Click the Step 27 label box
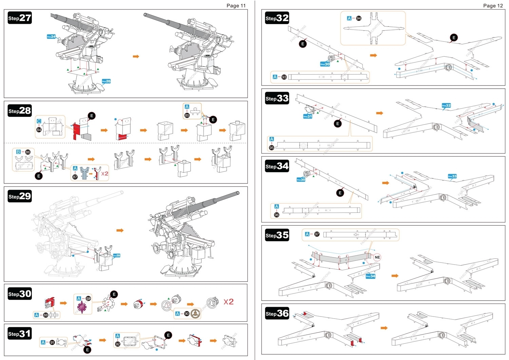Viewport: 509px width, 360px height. coord(20,18)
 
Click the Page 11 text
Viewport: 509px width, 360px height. coord(236,5)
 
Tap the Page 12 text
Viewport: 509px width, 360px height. coord(493,5)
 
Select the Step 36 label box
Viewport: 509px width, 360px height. coord(277,313)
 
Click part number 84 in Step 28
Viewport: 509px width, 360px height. coord(39,130)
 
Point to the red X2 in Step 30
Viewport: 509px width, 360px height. coord(228,302)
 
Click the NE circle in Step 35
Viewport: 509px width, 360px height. coord(377,257)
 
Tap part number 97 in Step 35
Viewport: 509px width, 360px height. coord(317,234)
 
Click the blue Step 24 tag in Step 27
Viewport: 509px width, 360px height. coord(51,36)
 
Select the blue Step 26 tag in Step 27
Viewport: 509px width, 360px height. coord(106,81)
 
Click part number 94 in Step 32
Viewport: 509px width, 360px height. coord(359,18)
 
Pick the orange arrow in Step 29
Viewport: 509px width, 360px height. coord(120,230)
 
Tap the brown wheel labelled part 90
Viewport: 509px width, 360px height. coord(195,314)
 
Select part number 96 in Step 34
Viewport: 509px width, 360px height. coord(277,215)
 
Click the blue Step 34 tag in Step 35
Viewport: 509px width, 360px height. coord(371,276)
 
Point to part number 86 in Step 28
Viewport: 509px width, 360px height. coord(28,152)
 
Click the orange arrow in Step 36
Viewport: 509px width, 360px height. coord(384,328)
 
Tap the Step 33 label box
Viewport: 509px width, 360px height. coord(277,98)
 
